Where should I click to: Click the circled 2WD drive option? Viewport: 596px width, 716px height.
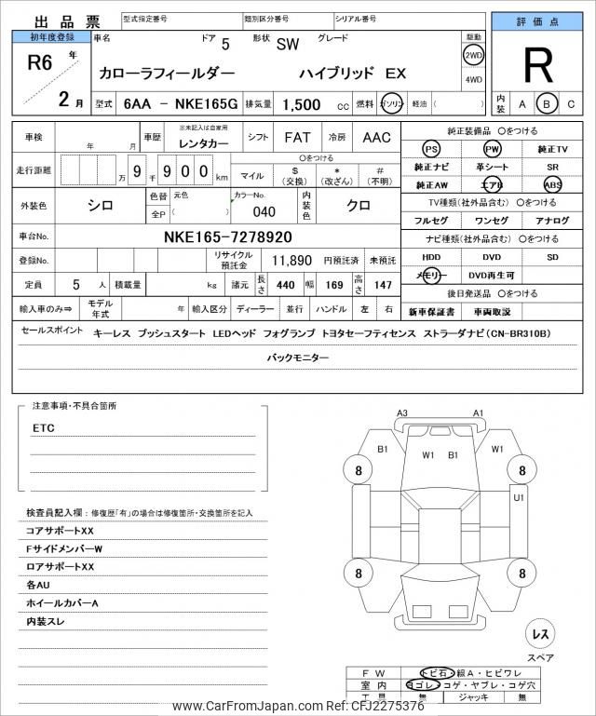click(x=473, y=55)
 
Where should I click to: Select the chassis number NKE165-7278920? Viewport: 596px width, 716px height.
click(x=227, y=236)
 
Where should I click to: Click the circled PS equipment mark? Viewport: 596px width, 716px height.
click(x=430, y=149)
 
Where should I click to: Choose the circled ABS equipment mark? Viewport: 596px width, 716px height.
click(x=553, y=184)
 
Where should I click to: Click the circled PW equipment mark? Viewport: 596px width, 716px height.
click(x=492, y=149)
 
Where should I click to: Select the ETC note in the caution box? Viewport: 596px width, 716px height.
click(x=43, y=427)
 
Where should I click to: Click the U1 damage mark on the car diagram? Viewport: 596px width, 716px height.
click(x=519, y=497)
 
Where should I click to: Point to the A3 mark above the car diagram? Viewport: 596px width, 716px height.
click(x=402, y=412)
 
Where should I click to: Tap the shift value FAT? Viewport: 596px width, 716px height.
click(x=297, y=137)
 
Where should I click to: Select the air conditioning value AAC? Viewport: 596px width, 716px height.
click(x=376, y=137)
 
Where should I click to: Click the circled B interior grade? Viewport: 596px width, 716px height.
click(x=547, y=104)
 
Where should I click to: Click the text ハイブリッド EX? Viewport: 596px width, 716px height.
click(x=352, y=72)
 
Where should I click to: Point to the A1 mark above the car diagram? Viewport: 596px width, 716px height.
click(x=479, y=412)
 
